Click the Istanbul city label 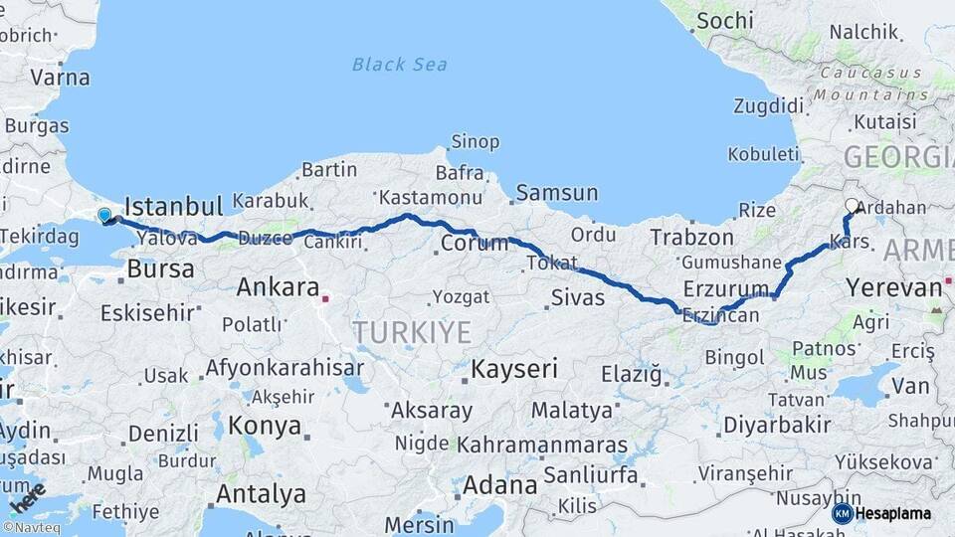(x=173, y=207)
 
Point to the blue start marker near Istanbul (x=104, y=214)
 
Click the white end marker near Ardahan (x=852, y=206)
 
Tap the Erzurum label (x=726, y=288)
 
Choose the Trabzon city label (x=692, y=238)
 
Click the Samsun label (x=557, y=193)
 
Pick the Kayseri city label (x=514, y=369)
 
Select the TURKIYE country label (x=411, y=331)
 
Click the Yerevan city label (x=893, y=288)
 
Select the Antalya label (x=261, y=493)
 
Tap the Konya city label (x=265, y=426)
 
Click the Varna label (x=60, y=77)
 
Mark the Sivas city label (x=578, y=295)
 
